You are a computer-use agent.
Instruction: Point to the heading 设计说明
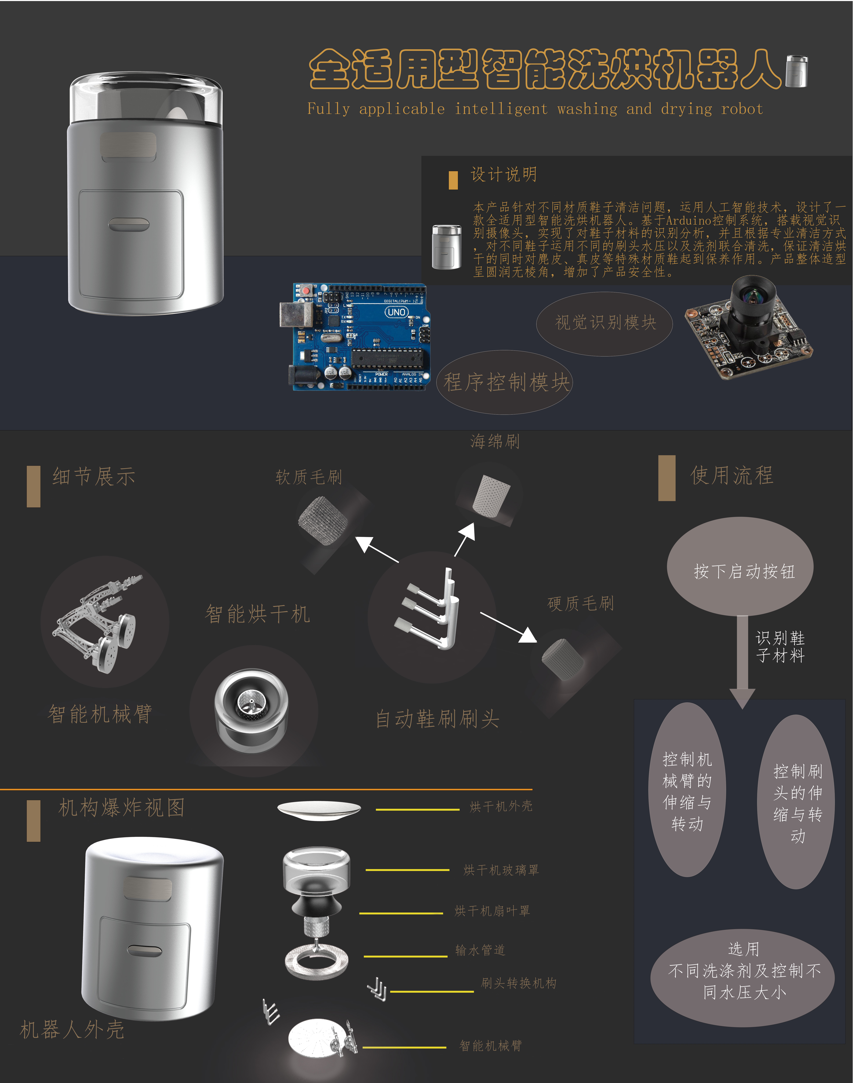pyautogui.click(x=504, y=175)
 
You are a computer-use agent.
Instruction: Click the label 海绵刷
pyautogui.click(x=495, y=441)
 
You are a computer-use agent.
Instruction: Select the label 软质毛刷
pyautogui.click(x=309, y=477)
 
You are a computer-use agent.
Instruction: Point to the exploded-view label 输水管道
pyautogui.click(x=480, y=950)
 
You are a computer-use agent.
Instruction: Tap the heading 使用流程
pyautogui.click(x=732, y=475)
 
